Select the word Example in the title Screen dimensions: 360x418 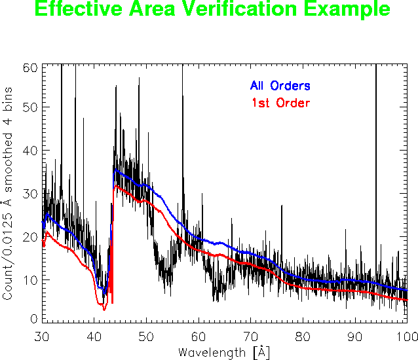345,9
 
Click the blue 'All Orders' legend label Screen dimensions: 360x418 280,86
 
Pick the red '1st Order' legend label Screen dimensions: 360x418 280,103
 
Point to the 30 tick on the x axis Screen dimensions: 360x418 42,335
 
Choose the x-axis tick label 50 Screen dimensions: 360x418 146,335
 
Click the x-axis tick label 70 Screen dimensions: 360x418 250,335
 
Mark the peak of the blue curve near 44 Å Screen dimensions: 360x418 115,170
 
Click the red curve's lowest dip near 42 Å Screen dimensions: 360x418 104,309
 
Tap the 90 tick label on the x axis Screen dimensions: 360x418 354,335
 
